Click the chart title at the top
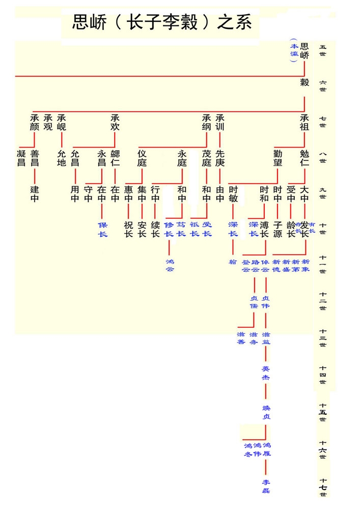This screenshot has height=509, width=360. [162, 23]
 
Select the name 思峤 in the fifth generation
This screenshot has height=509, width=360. [304, 50]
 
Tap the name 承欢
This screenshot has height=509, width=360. [115, 122]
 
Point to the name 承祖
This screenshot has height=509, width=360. [304, 122]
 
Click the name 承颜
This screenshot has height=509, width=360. [35, 122]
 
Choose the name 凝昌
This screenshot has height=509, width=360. [21, 158]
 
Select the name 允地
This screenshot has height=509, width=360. [62, 158]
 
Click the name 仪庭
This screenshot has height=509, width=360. [142, 158]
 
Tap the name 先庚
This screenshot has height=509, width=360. [220, 158]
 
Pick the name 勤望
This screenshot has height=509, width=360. [278, 158]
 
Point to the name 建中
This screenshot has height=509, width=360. [35, 194]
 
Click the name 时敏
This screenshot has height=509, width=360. [233, 194]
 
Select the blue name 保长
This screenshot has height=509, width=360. [102, 229]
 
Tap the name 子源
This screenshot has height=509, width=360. [278, 229]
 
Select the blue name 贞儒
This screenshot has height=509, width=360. [254, 302]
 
